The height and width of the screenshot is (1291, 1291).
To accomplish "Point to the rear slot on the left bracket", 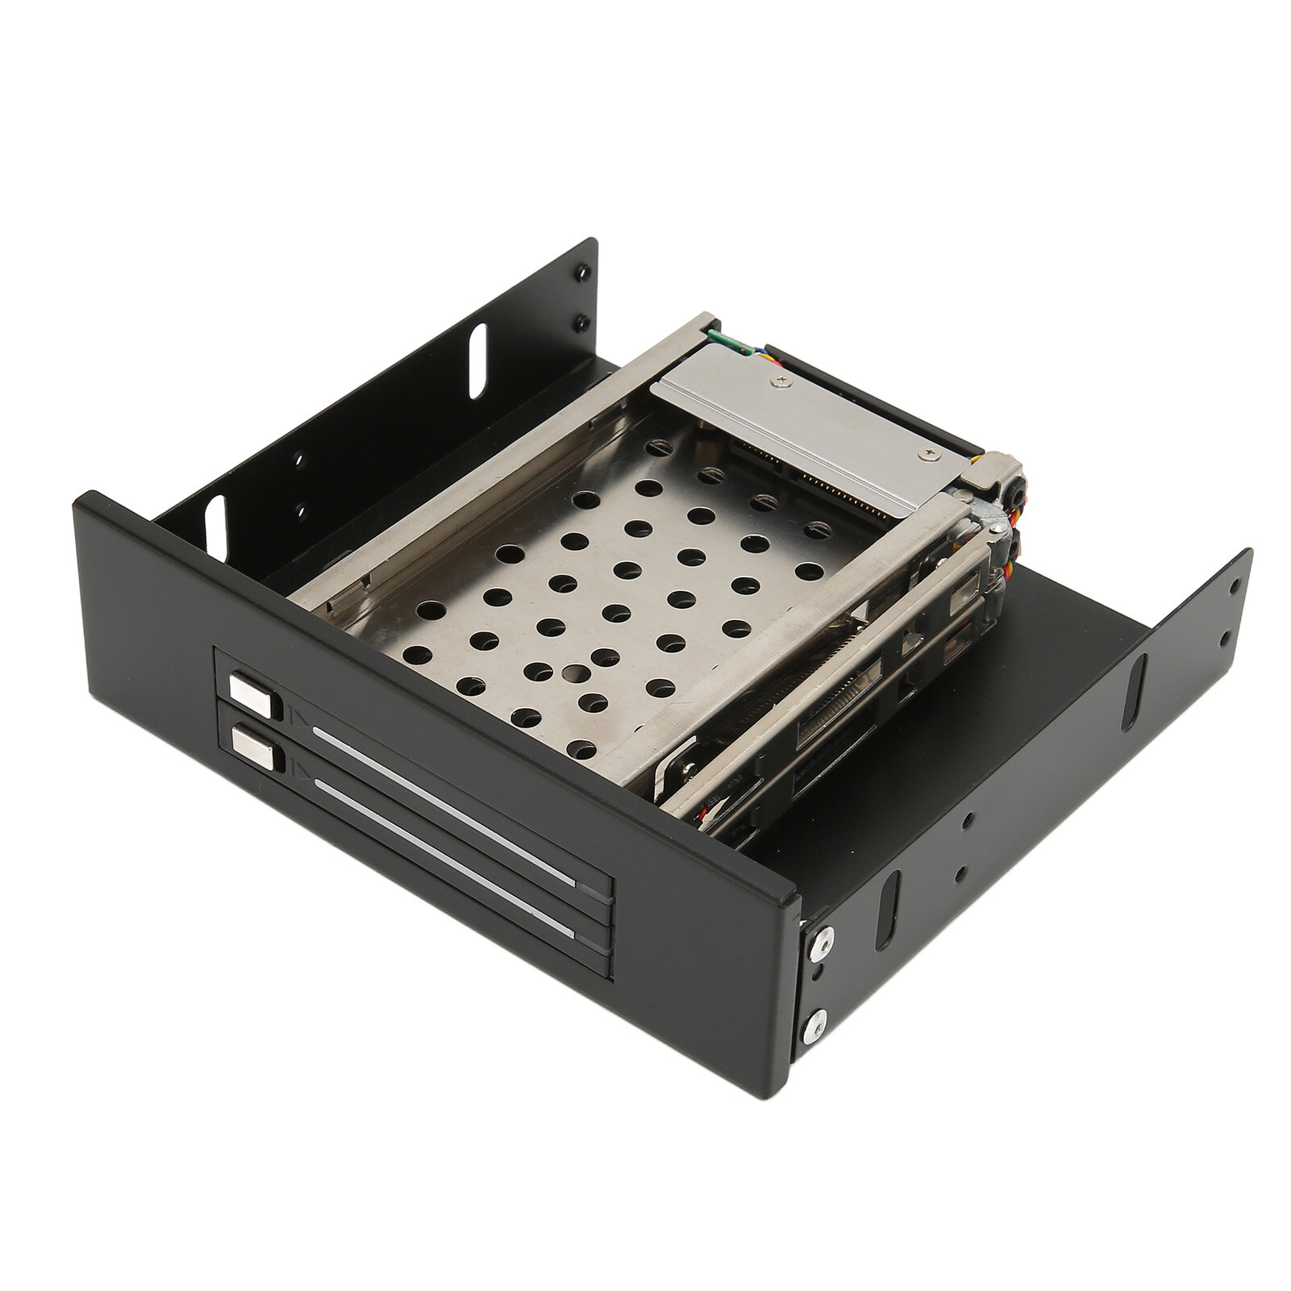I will click(x=477, y=348).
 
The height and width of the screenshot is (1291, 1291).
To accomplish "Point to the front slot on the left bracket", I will click(x=215, y=526).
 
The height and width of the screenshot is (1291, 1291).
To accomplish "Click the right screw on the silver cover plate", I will click(x=932, y=455).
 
